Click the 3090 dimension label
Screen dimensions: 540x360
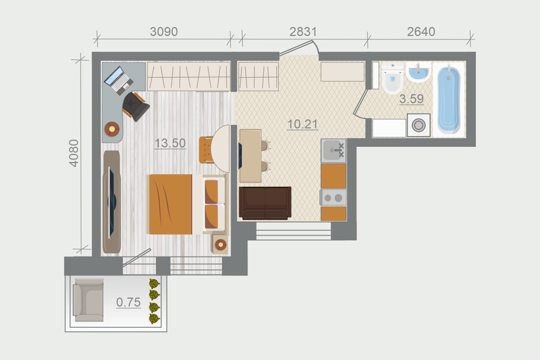164,31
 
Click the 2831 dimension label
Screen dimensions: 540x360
303,31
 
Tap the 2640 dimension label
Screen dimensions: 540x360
421,31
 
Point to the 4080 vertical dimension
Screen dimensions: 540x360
74,154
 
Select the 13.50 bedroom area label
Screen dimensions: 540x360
170,143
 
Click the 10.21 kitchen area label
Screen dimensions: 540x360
303,124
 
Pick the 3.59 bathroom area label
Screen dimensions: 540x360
412,99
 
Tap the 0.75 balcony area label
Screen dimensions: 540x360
128,302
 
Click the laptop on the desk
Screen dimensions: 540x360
119,80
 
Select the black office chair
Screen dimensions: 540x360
136,106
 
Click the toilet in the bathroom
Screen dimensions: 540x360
392,78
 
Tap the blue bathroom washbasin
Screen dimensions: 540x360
418,72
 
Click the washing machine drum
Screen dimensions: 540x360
418,125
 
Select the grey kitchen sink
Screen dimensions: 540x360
334,151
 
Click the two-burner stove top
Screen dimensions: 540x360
334,198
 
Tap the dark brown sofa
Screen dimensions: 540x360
265,203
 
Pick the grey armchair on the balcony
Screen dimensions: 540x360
88,300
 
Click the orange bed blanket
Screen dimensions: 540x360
170,204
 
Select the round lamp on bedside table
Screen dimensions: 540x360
220,245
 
